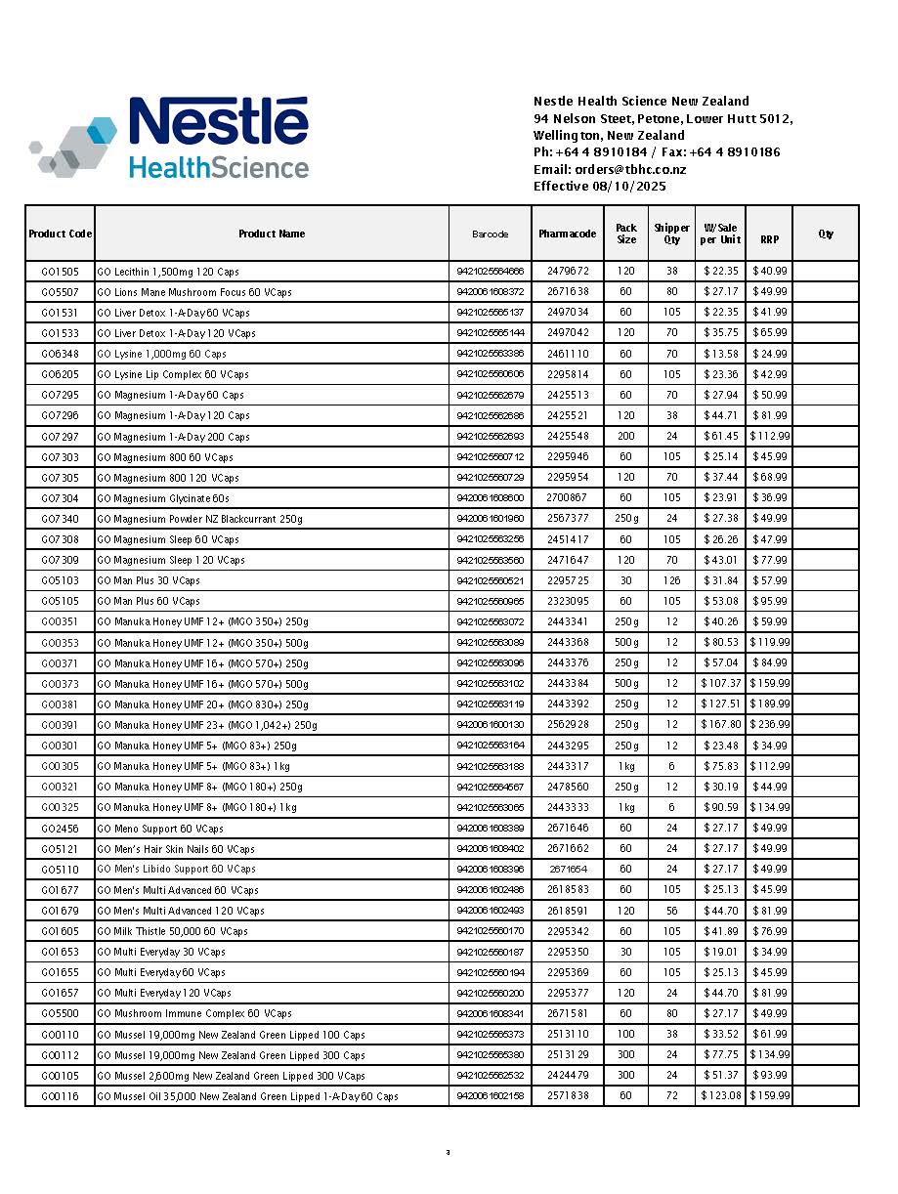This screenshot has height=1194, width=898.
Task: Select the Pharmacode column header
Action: coord(567,235)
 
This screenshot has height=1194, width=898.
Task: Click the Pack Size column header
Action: coord(626,234)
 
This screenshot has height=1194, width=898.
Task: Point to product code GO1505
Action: coord(60,272)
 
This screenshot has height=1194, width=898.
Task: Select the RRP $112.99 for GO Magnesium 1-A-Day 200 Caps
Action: coord(769,437)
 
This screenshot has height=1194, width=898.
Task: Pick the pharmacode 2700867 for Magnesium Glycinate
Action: coord(567,498)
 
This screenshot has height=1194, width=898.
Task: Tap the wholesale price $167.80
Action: coord(720,725)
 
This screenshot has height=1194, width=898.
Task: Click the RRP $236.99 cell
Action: coord(769,725)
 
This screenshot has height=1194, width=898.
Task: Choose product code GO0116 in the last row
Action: coord(60,1096)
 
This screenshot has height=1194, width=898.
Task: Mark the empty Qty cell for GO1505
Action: coord(826,272)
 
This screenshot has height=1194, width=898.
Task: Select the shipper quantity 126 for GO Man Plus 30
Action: coord(671,581)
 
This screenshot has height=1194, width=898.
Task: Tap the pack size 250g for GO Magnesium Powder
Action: coord(626,519)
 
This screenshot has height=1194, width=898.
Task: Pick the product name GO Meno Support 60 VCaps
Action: coord(160,829)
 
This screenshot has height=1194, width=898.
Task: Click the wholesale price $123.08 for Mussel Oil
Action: coord(720,1096)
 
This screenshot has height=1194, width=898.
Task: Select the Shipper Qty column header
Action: coord(671,234)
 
